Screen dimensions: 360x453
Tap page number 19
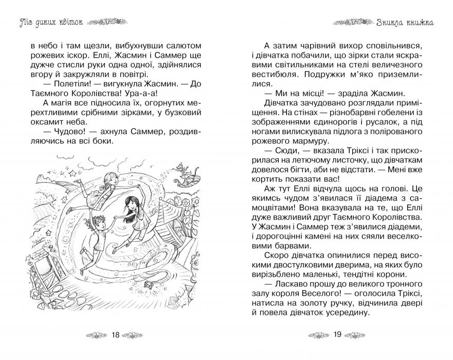point(337,335)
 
